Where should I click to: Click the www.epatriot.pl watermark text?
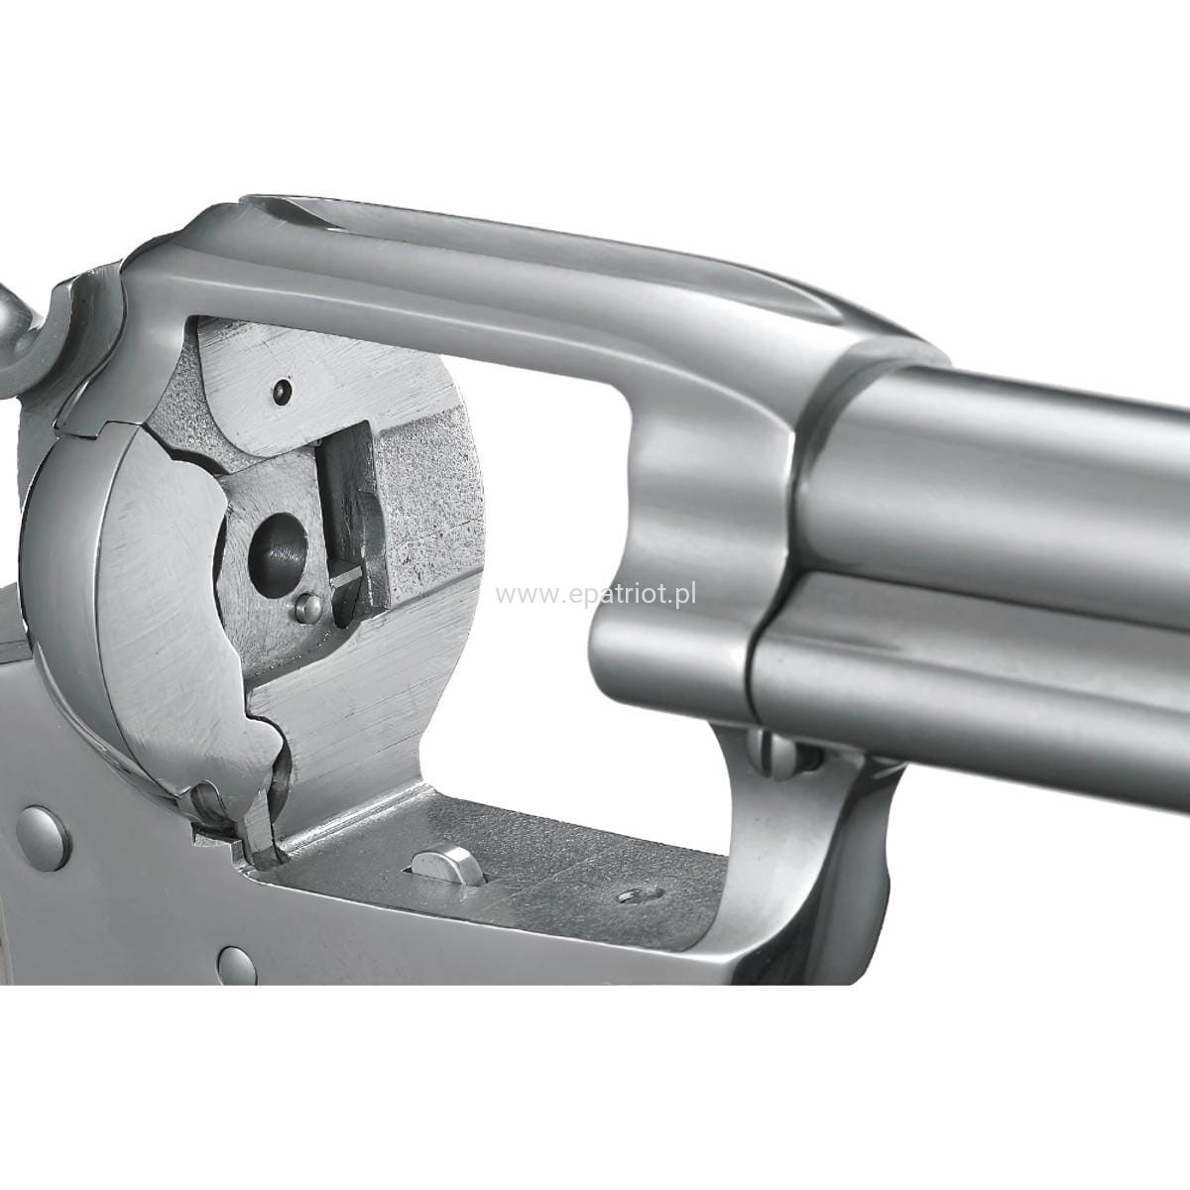596,595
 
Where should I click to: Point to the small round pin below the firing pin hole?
307,609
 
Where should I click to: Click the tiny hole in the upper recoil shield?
282,392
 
